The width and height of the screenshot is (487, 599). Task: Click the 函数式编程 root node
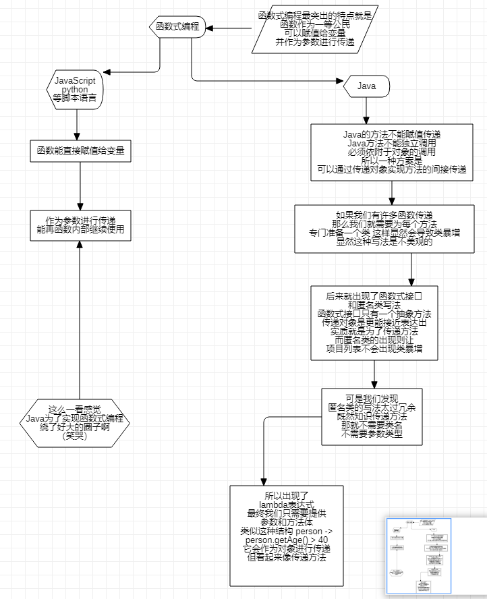[x=177, y=27]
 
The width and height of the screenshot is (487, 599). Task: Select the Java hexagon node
[x=366, y=86]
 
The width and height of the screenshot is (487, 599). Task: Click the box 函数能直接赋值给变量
[x=80, y=151]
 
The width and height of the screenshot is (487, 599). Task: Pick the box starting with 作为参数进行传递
[x=80, y=225]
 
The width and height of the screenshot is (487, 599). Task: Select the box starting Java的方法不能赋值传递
[x=391, y=152]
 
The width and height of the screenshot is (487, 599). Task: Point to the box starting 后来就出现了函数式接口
[x=374, y=322]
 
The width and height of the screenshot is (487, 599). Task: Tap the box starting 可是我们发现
[x=372, y=416]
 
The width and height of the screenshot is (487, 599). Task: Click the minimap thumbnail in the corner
[x=418, y=556]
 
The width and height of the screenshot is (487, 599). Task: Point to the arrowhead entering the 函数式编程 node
[x=210, y=28]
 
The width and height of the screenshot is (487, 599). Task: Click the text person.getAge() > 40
[x=287, y=540]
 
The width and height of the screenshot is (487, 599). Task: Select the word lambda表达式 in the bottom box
[x=287, y=503]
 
